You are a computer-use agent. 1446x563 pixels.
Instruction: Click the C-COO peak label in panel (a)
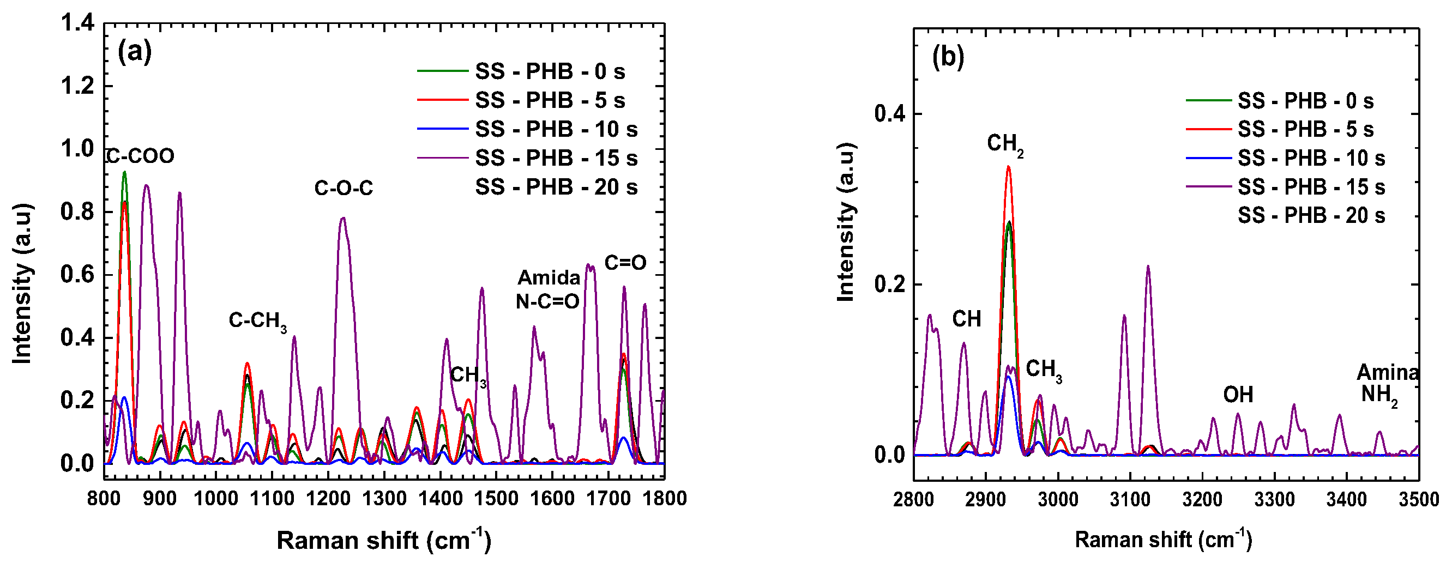pos(141,156)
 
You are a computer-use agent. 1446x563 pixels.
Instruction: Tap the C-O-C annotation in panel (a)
pos(344,188)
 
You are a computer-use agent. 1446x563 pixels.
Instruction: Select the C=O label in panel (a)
pos(625,263)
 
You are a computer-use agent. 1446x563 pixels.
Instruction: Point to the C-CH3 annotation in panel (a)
pos(258,321)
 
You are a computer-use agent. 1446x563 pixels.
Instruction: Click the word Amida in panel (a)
pos(549,278)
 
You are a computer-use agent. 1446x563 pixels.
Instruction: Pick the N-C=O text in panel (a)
pos(547,302)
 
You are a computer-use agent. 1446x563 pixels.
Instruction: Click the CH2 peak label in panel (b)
pos(1005,144)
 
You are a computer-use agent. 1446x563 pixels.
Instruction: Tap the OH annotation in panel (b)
pos(1238,395)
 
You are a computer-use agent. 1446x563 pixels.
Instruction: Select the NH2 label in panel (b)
pos(1379,395)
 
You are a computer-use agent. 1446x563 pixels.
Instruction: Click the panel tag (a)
pos(134,52)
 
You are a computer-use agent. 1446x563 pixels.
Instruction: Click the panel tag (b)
pos(948,57)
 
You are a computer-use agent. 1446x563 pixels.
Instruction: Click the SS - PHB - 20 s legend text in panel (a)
pos(556,187)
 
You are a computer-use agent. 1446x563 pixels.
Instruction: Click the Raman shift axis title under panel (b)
pos(1163,540)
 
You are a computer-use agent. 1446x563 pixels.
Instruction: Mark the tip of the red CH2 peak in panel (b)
pos(1008,167)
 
